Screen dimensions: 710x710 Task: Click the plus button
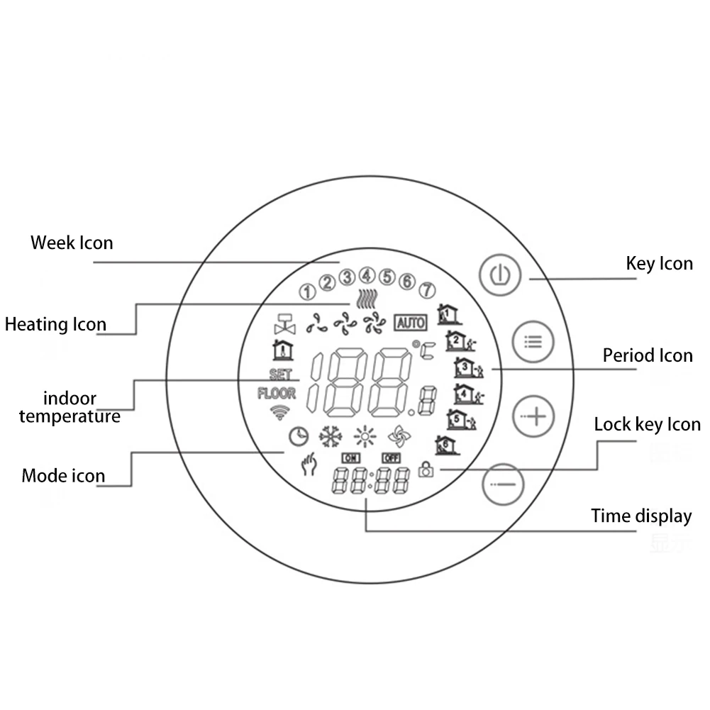[534, 416]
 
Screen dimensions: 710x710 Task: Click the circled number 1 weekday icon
[307, 291]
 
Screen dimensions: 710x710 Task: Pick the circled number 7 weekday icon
[426, 289]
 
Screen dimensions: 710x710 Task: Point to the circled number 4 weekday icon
[367, 274]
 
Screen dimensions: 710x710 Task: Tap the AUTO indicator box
[410, 323]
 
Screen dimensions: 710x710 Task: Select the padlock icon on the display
[426, 469]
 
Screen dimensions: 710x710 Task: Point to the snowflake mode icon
[330, 436]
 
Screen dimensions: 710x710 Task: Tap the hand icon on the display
[309, 465]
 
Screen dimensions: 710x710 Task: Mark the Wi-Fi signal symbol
[282, 412]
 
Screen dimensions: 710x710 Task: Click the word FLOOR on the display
[277, 394]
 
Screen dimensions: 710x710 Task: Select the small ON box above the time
[350, 458]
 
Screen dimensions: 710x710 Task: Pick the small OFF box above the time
[391, 458]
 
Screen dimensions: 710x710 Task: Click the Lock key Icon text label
[647, 424]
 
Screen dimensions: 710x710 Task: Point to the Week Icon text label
[72, 243]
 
